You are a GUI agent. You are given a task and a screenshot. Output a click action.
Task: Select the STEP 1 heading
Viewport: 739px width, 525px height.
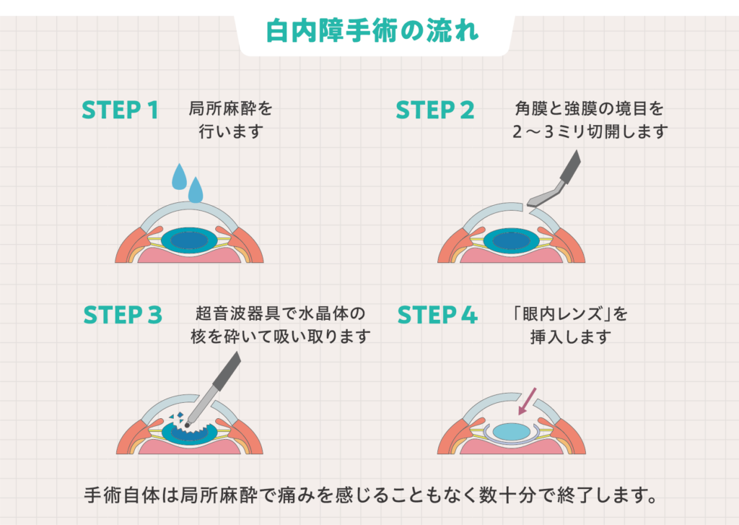coord(120,110)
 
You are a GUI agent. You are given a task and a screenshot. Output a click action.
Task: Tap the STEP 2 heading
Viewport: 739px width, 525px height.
coord(435,110)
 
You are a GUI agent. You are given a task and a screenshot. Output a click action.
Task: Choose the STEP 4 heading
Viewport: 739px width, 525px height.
coord(437,316)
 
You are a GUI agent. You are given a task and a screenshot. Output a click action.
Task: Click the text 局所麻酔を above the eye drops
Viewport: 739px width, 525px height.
coord(231,109)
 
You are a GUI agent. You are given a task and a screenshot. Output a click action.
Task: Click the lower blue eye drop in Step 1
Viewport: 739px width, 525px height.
coord(195,191)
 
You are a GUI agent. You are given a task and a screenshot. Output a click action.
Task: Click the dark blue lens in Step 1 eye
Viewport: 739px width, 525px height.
coord(189,240)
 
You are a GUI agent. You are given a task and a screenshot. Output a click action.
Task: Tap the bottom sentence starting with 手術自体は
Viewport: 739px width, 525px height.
coord(369,496)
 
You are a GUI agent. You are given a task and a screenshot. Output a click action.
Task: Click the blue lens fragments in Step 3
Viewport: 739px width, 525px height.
coord(175,417)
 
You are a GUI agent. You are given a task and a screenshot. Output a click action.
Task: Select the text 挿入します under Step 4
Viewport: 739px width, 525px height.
coord(569,337)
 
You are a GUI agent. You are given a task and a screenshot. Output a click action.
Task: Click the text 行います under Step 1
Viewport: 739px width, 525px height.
coord(232,132)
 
